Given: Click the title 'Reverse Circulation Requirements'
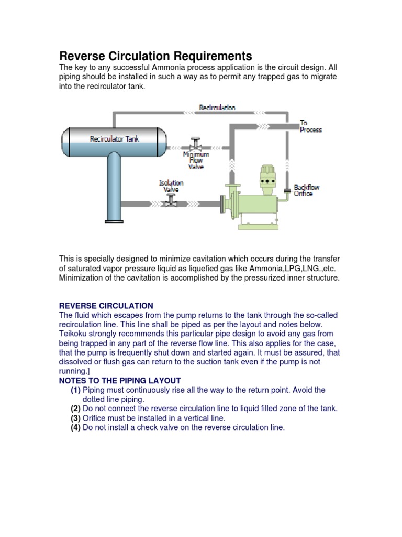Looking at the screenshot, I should click(155, 56).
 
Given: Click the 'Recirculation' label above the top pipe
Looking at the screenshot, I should click(217, 108).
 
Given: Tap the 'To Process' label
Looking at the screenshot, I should click(310, 126).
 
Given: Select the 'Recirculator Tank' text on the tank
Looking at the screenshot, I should click(115, 139).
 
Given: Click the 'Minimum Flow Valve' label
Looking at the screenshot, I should click(196, 160).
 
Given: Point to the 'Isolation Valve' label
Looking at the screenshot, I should click(171, 186).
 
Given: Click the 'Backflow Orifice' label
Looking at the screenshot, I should click(306, 190).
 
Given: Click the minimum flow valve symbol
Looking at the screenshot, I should click(196, 144).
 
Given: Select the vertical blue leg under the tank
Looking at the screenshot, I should click(115, 189).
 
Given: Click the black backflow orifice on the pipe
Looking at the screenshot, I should click(287, 190).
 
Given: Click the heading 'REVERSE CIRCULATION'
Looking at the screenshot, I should click(106, 306).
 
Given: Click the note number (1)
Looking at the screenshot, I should click(76, 390).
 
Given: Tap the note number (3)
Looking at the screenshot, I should click(76, 418).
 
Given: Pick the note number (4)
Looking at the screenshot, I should click(76, 428).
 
